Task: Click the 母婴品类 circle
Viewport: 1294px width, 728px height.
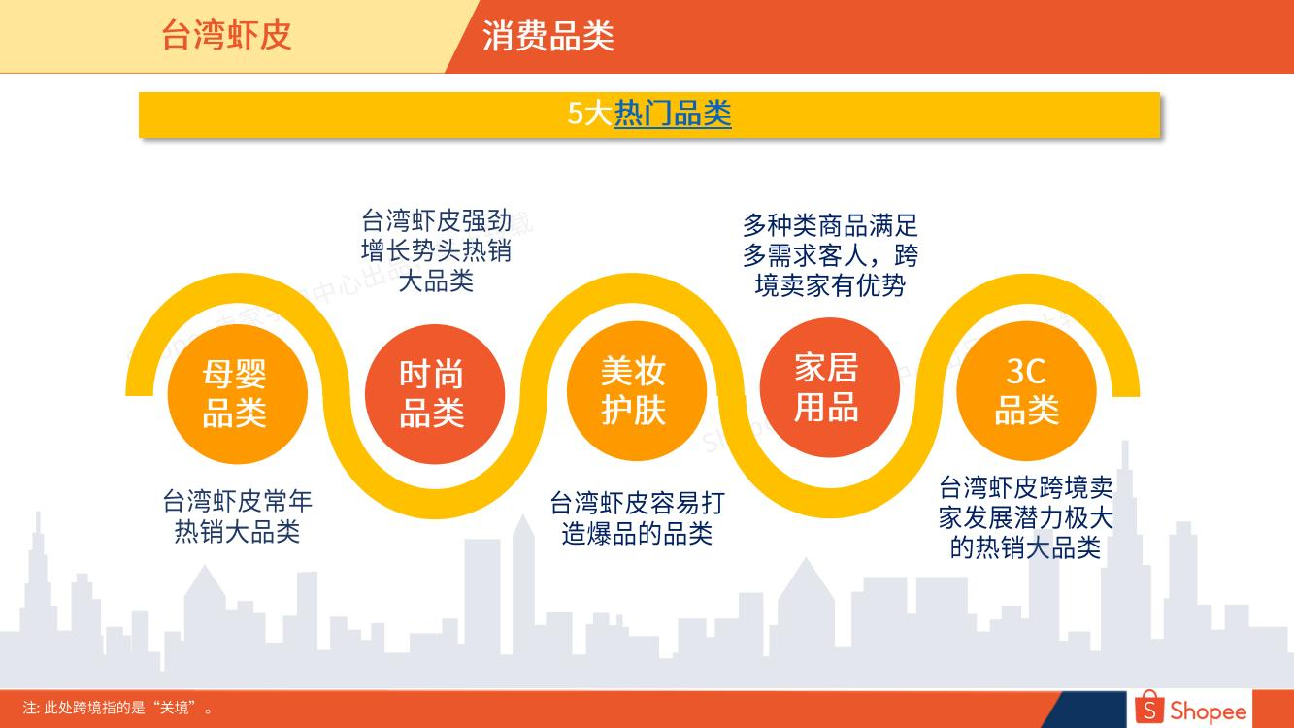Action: [238, 394]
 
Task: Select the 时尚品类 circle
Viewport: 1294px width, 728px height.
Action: [435, 394]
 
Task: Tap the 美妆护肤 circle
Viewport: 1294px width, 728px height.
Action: [637, 390]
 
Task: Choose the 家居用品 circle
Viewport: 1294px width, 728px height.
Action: [830, 387]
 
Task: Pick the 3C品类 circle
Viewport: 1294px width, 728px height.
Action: [1026, 390]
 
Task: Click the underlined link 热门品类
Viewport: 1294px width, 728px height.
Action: [673, 114]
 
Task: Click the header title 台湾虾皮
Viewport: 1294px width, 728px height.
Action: [226, 35]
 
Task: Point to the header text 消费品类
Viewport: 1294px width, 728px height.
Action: [547, 35]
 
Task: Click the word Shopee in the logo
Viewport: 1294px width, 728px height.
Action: [1208, 711]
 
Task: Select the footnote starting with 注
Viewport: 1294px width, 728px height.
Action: [117, 708]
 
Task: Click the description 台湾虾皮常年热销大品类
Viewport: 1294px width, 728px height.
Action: [238, 516]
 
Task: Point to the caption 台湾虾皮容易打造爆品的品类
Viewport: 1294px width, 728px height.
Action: [637, 518]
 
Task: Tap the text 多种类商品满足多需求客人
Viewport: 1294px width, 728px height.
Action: [830, 240]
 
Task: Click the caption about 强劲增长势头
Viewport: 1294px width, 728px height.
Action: [436, 250]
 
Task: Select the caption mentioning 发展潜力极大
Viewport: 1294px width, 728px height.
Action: [1025, 517]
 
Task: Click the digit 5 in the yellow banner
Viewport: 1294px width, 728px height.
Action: [576, 114]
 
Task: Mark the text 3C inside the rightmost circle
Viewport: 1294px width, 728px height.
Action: [1026, 371]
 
